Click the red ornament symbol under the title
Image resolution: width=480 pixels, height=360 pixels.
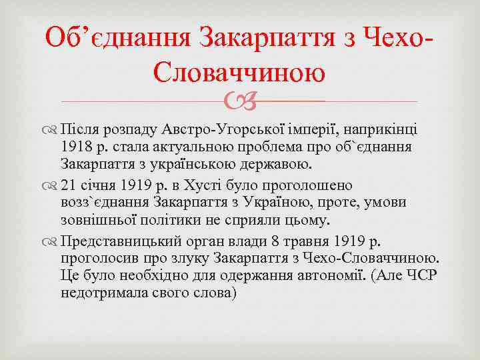[239, 102]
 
